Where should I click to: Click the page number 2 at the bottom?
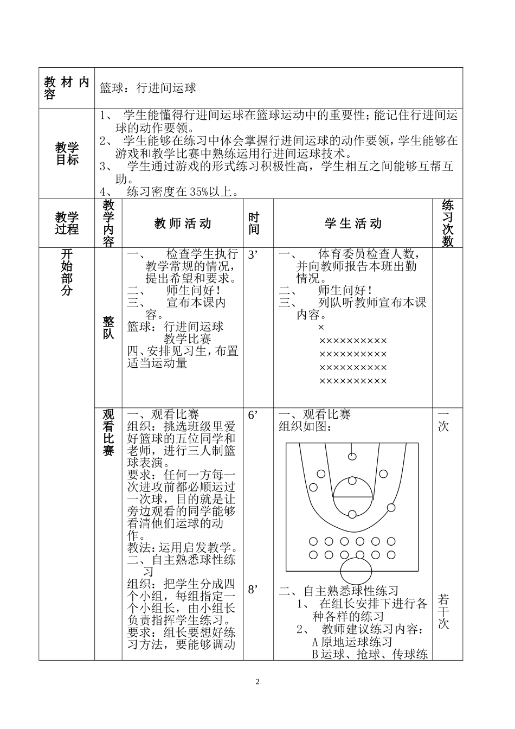(x=257, y=682)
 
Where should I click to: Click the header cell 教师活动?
(x=183, y=223)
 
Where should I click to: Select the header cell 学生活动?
(x=353, y=223)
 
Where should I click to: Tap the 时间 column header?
(x=254, y=223)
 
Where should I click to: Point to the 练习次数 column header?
(x=447, y=223)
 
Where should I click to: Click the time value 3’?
(x=252, y=255)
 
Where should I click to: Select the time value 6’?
(x=252, y=415)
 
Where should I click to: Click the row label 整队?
(x=108, y=328)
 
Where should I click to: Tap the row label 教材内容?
(x=67, y=88)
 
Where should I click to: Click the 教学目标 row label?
(x=67, y=154)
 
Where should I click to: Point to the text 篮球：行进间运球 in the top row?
(x=148, y=88)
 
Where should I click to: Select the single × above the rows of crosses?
(x=321, y=328)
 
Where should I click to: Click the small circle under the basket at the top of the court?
(x=353, y=456)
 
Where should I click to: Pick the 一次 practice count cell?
(x=443, y=420)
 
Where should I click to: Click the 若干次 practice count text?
(x=443, y=612)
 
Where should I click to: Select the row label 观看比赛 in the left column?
(x=108, y=432)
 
